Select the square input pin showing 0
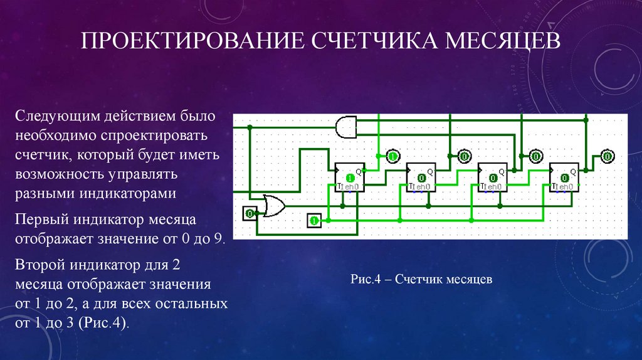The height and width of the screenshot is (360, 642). click(250, 214)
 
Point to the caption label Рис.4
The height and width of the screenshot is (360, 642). click(366, 278)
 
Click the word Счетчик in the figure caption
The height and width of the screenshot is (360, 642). click(419, 278)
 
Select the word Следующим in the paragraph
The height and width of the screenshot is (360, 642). click(53, 116)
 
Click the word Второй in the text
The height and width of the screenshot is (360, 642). click(42, 264)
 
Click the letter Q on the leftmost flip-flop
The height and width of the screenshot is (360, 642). click(359, 171)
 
